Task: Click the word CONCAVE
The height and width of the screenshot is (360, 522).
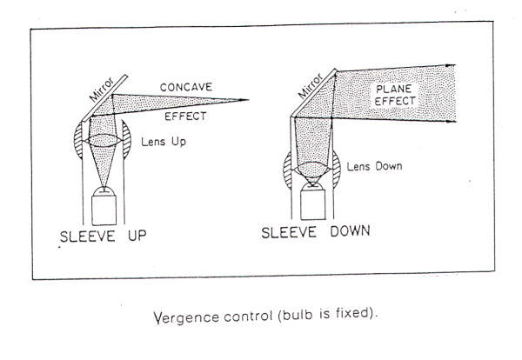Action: point(185,87)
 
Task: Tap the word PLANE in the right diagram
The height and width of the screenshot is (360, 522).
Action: point(394,89)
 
